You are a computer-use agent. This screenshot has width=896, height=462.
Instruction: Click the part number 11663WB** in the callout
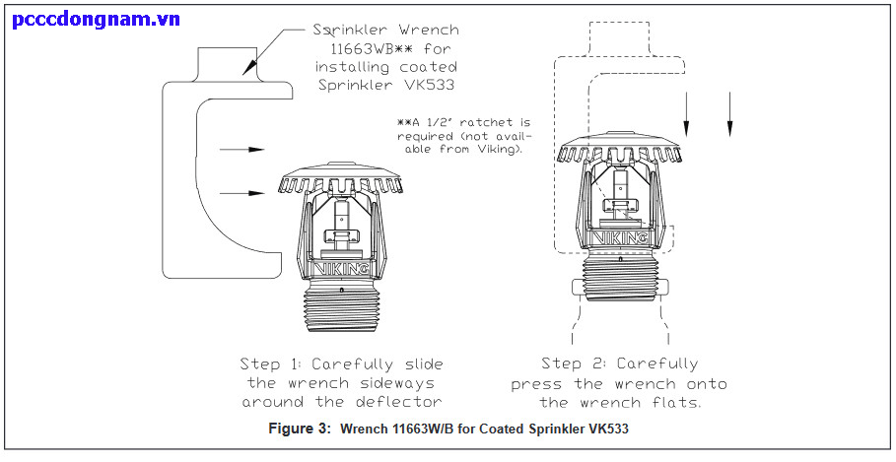pyautogui.click(x=371, y=48)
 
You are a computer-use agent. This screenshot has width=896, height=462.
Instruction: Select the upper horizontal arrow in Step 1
pyautogui.click(x=242, y=150)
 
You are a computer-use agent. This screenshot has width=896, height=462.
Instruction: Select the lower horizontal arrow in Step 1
pyautogui.click(x=242, y=194)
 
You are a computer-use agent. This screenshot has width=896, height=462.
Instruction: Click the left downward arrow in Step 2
pyautogui.click(x=688, y=113)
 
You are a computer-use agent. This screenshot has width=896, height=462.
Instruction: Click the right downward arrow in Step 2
pyautogui.click(x=729, y=113)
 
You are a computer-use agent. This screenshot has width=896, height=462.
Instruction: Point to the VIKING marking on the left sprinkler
pyautogui.click(x=342, y=267)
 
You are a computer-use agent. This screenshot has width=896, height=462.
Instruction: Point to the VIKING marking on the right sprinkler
pyautogui.click(x=617, y=237)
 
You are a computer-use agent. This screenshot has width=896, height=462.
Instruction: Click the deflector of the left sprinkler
pyautogui.click(x=341, y=182)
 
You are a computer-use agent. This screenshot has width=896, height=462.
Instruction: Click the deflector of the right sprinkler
pyautogui.click(x=617, y=151)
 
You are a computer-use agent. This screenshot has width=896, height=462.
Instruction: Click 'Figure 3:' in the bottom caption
pyautogui.click(x=301, y=429)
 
